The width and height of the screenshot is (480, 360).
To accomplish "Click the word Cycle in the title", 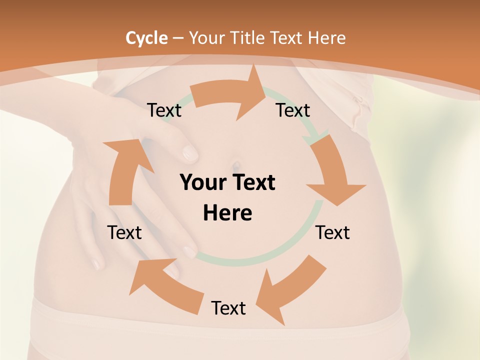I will pos(146,38).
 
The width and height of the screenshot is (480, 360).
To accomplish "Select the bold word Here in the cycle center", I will pos(227,213).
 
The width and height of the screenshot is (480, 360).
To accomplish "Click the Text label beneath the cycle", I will pos(228,308).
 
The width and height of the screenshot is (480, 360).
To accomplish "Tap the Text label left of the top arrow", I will pos(164,110).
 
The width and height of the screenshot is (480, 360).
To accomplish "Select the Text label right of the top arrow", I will pos(293,110).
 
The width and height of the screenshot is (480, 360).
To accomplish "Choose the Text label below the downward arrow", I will pos(332,233).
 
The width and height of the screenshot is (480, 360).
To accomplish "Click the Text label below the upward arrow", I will pos(124,233).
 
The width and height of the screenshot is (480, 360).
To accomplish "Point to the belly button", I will pos(235,164).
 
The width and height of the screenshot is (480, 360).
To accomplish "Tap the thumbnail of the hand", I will pos(190,152).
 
